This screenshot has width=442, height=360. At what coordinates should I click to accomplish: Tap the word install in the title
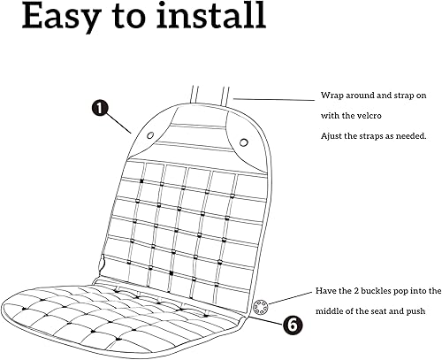(x=205, y=16)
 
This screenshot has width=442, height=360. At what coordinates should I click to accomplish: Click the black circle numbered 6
(x=292, y=324)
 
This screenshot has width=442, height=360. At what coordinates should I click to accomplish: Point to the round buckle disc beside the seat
(x=260, y=306)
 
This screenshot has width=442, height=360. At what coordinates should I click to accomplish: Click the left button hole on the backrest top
(x=149, y=135)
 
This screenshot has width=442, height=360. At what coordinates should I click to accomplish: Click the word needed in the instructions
(x=411, y=135)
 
